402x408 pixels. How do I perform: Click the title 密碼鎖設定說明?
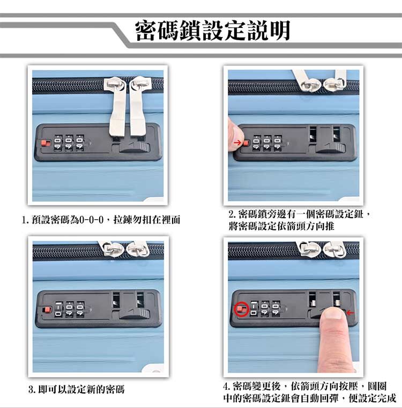(213, 31)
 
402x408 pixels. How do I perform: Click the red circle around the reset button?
(242, 309)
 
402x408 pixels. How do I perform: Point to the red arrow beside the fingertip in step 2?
(237, 143)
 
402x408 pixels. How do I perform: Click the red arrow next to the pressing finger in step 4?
(351, 313)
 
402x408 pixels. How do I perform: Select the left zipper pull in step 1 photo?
(117, 107)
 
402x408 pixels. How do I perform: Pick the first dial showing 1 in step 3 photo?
(58, 309)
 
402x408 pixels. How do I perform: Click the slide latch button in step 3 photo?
(135, 314)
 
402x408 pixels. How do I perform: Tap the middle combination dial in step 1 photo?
(69, 143)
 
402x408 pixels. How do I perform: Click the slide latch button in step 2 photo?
(331, 148)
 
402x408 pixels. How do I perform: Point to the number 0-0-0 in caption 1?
(91, 220)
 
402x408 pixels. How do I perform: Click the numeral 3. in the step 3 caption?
(32, 390)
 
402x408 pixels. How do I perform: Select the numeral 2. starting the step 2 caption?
(232, 214)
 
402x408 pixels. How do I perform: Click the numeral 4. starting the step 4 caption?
(226, 386)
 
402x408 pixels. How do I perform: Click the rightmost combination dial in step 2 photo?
(278, 143)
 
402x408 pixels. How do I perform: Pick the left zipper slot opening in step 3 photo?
(116, 299)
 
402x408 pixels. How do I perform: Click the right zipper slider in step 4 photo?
(336, 249)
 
